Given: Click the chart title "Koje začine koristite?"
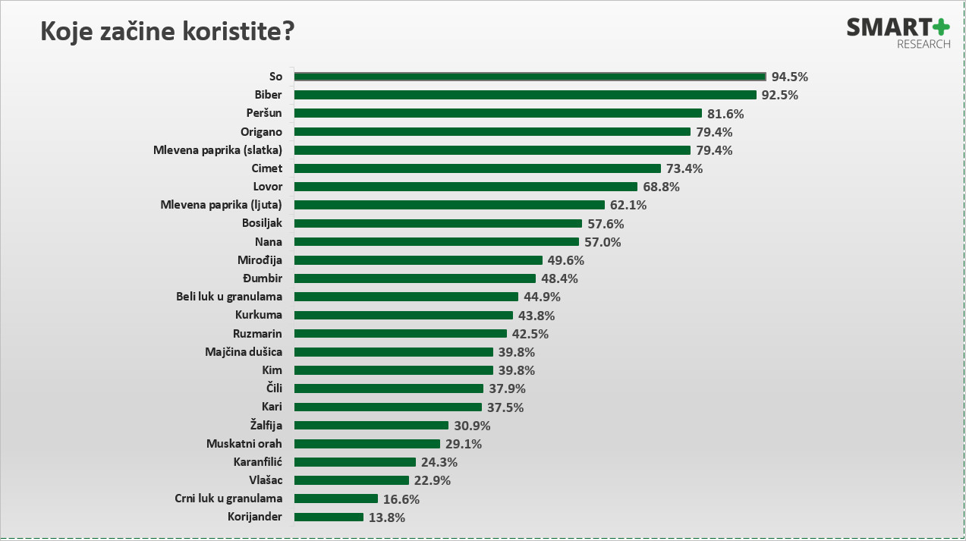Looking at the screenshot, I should pyautogui.click(x=167, y=33).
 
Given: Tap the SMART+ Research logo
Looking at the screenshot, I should pyautogui.click(x=898, y=33).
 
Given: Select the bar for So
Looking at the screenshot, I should pyautogui.click(x=530, y=77).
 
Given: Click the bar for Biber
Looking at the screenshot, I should pyautogui.click(x=525, y=95).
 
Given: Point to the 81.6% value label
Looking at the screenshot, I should pyautogui.click(x=725, y=114).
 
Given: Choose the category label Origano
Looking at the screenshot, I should pyautogui.click(x=261, y=132).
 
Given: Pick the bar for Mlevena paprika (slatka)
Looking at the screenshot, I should pyautogui.click(x=492, y=150).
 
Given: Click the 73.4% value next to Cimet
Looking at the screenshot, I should pyautogui.click(x=685, y=168).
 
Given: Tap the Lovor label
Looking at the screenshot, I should pyautogui.click(x=267, y=187).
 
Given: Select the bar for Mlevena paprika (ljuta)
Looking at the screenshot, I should pyautogui.click(x=449, y=205).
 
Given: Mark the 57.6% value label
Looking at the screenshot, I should pyautogui.click(x=606, y=224).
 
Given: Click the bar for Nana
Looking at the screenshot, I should pyautogui.click(x=436, y=242).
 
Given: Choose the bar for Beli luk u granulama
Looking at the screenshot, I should pyautogui.click(x=406, y=297).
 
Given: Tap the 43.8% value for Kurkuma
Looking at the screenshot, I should pyautogui.click(x=536, y=316).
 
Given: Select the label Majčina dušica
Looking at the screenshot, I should pyautogui.click(x=244, y=352).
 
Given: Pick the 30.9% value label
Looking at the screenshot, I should pyautogui.click(x=473, y=426).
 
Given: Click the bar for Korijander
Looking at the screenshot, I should pyautogui.click(x=329, y=517).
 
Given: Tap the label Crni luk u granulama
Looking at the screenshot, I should pyautogui.click(x=228, y=499).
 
